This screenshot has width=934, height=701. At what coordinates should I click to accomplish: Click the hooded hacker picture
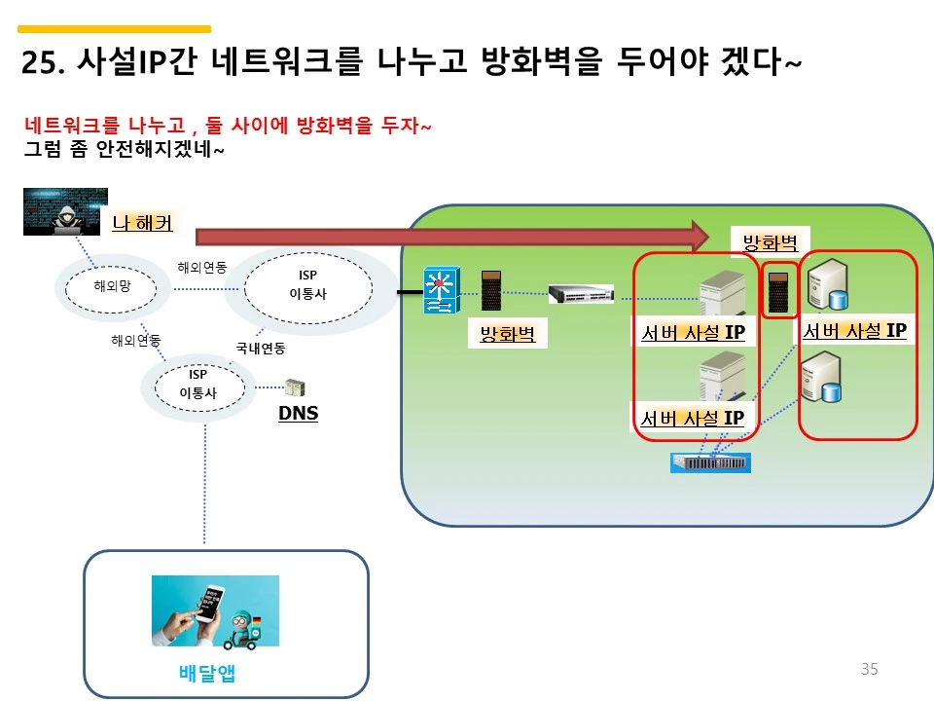point(65,211)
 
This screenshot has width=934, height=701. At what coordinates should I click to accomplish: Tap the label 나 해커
point(142,223)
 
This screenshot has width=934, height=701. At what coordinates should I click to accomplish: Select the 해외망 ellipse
point(112,286)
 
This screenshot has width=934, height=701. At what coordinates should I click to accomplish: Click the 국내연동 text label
point(261,348)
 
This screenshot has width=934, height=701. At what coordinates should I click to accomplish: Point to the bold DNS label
point(298,414)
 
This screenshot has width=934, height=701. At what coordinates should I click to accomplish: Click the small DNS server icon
point(293,388)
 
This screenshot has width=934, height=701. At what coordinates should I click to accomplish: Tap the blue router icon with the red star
point(439,290)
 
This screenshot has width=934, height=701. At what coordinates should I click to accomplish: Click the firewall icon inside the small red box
point(778,289)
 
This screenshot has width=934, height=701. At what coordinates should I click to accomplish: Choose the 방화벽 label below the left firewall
point(507,335)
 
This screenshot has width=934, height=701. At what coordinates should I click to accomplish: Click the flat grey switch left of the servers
point(581,293)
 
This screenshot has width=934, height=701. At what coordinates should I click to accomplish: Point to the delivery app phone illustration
point(215,610)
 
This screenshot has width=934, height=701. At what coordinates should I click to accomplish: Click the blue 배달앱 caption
point(207,673)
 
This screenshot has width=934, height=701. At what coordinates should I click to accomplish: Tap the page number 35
point(869,669)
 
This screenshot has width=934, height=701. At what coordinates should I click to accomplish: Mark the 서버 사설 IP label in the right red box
point(854,331)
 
